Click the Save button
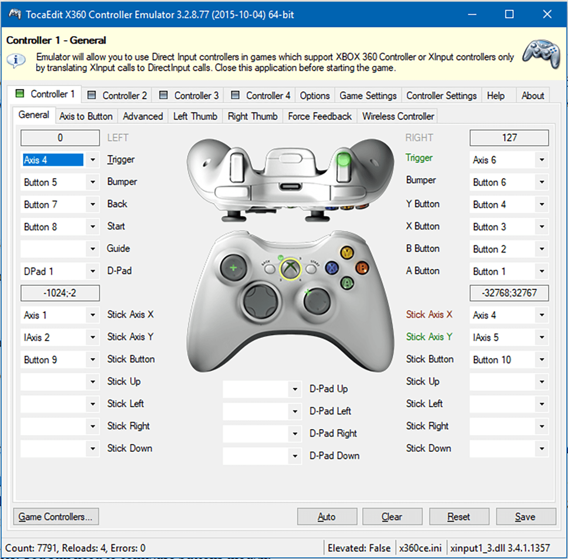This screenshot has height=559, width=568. click(x=525, y=517)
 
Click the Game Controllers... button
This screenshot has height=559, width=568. click(x=56, y=517)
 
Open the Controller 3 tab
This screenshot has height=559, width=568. click(x=189, y=96)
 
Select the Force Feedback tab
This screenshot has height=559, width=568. click(x=319, y=116)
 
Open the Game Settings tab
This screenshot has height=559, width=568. click(x=368, y=96)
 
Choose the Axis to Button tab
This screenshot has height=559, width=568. click(x=86, y=116)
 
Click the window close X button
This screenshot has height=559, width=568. click(x=547, y=14)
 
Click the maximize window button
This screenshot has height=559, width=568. click(x=509, y=14)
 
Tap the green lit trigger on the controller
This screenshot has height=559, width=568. click(x=344, y=160)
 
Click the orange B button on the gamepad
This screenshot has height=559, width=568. click(x=362, y=268)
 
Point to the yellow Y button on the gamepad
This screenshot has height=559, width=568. click(x=347, y=252)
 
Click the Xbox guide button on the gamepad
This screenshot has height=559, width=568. click(x=290, y=269)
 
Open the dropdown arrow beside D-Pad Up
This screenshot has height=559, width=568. click(x=295, y=389)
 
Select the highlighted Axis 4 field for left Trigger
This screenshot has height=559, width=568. click(x=53, y=160)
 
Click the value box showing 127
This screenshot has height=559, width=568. click(x=509, y=138)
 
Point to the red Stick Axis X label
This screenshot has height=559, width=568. click(x=429, y=315)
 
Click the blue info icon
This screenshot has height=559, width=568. click(x=16, y=61)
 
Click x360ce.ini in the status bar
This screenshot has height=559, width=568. click(x=420, y=548)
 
